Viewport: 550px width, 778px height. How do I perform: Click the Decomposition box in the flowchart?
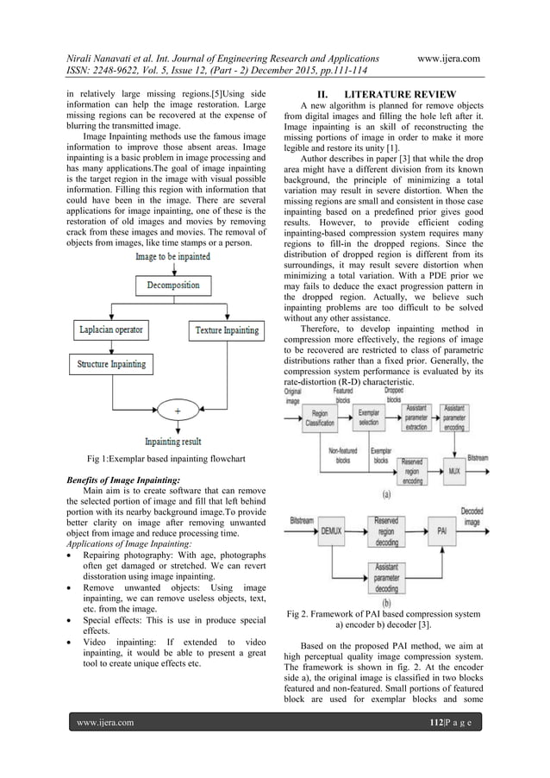(173, 284)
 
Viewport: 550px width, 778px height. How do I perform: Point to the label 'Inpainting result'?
(173, 441)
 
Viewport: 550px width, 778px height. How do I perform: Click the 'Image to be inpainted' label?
(173, 256)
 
